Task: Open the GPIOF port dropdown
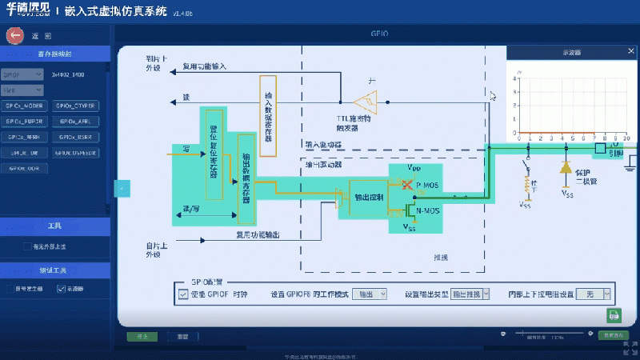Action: click(24, 74)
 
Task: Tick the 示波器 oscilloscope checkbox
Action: click(62, 289)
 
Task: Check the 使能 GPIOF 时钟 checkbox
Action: click(183, 294)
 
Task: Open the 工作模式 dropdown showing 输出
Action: click(371, 294)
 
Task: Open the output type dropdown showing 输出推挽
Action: click(470, 294)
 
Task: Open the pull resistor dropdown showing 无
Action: click(594, 294)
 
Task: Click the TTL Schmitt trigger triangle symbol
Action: click(367, 102)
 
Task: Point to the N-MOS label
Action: click(427, 210)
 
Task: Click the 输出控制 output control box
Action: click(367, 197)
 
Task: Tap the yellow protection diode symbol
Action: click(566, 168)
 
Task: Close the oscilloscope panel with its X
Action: click(630, 53)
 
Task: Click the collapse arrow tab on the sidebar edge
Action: click(122, 188)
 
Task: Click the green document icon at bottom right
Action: click(614, 314)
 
